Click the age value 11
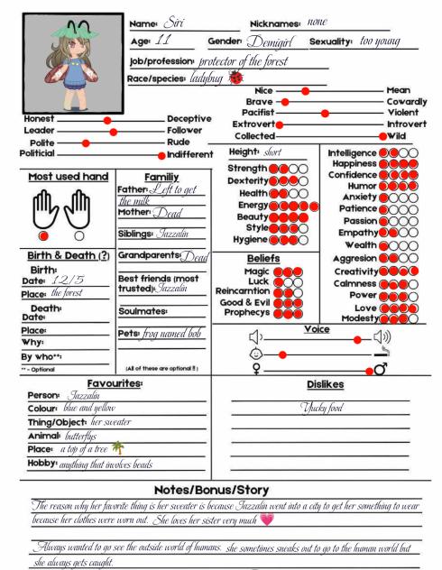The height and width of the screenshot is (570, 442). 164,41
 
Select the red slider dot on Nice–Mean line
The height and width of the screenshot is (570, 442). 306,91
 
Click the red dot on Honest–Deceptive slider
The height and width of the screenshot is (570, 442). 107,120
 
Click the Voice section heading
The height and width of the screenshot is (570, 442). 316,328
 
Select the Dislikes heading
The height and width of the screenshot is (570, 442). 324,384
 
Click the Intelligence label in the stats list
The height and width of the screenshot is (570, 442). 352,153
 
